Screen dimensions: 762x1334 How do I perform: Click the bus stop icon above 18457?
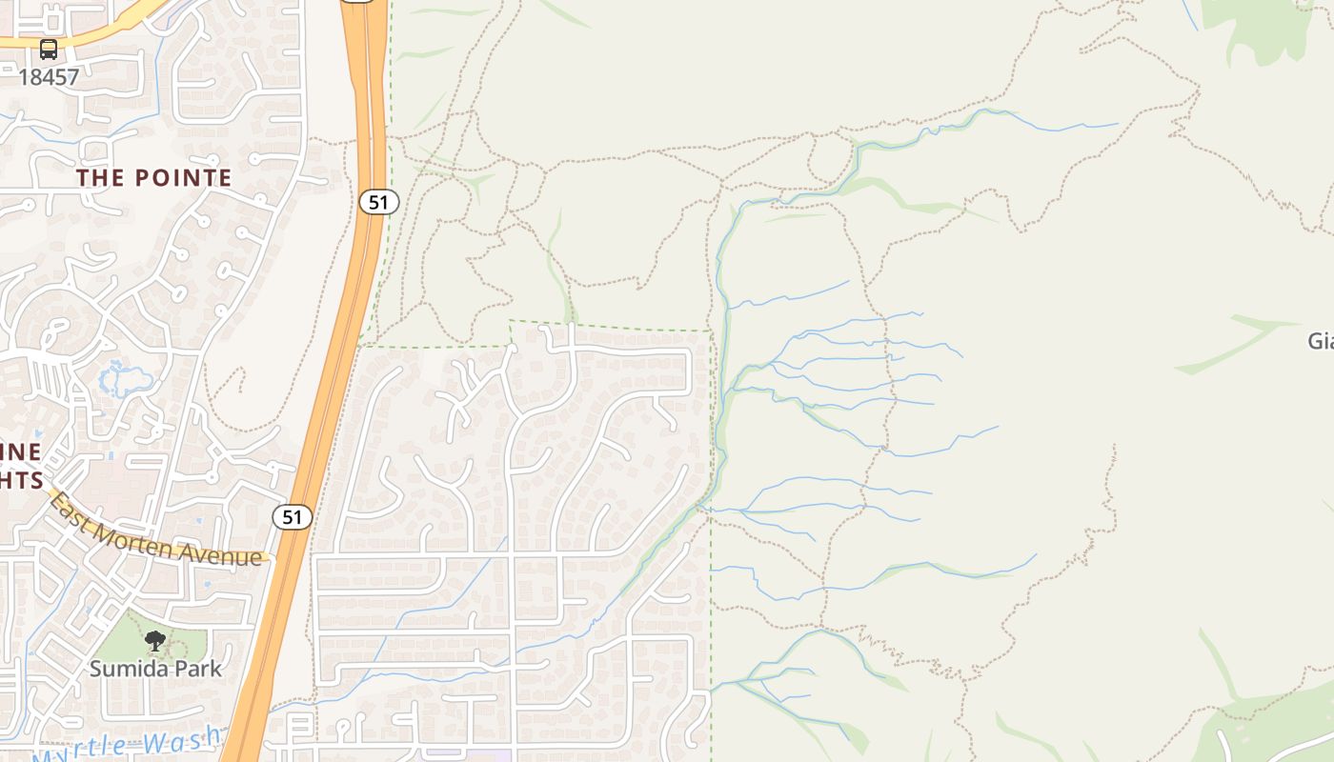pos(49,50)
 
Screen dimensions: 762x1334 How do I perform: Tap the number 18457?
pos(49,77)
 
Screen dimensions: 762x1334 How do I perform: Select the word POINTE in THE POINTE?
pos(183,178)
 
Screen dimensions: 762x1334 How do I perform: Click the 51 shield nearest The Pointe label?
pos(378,202)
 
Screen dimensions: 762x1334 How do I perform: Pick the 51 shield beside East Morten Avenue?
pos(292,517)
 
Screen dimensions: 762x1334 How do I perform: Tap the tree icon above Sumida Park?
pos(154,641)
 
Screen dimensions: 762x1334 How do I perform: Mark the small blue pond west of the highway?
pos(125,379)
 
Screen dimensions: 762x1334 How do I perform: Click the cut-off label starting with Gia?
pos(1321,341)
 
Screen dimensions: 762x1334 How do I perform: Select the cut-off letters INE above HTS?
pos(21,451)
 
